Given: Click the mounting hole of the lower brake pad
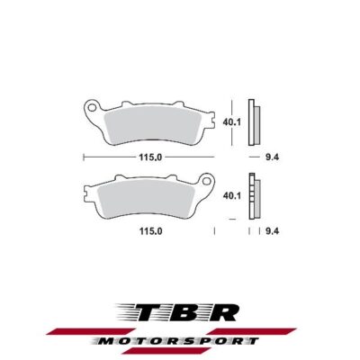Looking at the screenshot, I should pos(209,184).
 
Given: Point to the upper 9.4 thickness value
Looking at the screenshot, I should pos(270,157).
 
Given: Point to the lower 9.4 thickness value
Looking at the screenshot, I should pos(270,231).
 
